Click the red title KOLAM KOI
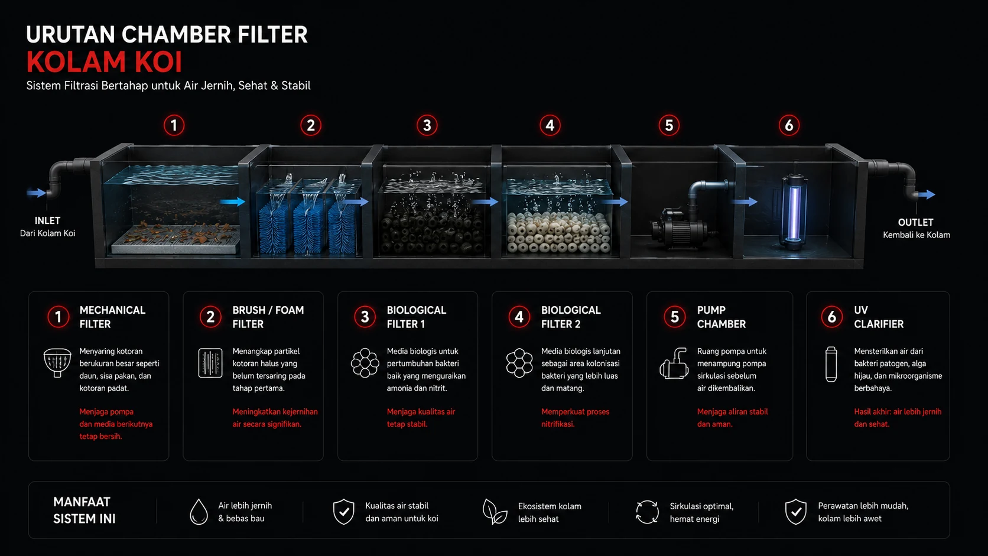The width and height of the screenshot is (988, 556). click(x=104, y=62)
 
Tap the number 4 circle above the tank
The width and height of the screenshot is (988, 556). click(x=550, y=126)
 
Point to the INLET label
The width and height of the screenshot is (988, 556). click(x=48, y=220)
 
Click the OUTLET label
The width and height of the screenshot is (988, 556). click(x=916, y=222)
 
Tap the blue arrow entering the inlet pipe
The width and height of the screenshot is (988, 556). click(x=36, y=193)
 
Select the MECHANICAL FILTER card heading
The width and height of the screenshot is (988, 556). click(x=112, y=317)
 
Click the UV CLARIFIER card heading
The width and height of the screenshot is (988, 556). click(x=879, y=317)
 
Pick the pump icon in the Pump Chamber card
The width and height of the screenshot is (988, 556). click(x=674, y=363)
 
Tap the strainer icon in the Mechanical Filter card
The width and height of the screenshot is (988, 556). click(x=57, y=362)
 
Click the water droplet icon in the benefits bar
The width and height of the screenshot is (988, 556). click(x=199, y=512)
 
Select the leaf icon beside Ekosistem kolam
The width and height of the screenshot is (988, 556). click(x=495, y=512)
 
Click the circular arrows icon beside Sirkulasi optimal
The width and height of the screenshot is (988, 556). click(x=647, y=512)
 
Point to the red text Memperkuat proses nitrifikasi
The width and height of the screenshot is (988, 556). click(x=575, y=418)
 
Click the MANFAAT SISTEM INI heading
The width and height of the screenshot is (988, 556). click(x=84, y=510)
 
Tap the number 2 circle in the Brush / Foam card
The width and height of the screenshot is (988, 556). click(x=210, y=317)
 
